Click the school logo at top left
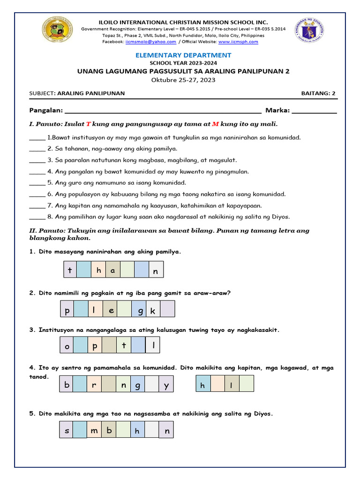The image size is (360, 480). click(57, 31)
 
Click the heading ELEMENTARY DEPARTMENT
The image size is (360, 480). click(183, 55)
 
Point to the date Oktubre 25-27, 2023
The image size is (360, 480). click(183, 80)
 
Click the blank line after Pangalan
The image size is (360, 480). click(162, 111)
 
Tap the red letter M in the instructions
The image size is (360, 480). click(216, 124)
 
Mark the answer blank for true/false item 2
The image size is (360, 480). click(37, 149)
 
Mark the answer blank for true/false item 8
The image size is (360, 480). click(37, 217)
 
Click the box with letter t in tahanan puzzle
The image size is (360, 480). click(70, 270)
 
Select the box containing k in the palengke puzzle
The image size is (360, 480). click(153, 310)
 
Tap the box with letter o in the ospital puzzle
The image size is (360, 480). click(67, 346)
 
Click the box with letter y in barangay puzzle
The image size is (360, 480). click(166, 386)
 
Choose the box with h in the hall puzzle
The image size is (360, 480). click(203, 385)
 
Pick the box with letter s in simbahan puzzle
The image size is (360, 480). click(67, 430)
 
